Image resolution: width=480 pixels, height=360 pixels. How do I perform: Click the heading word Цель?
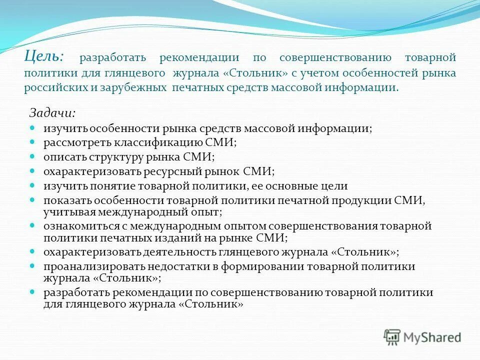coord(43,55)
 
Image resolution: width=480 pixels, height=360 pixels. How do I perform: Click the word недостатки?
coord(167,266)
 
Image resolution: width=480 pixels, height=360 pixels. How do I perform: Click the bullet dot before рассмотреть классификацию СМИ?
coord(32,141)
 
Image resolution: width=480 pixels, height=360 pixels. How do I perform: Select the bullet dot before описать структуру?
coord(32,156)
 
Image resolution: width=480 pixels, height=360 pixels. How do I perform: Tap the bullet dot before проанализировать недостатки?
coord(32,265)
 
